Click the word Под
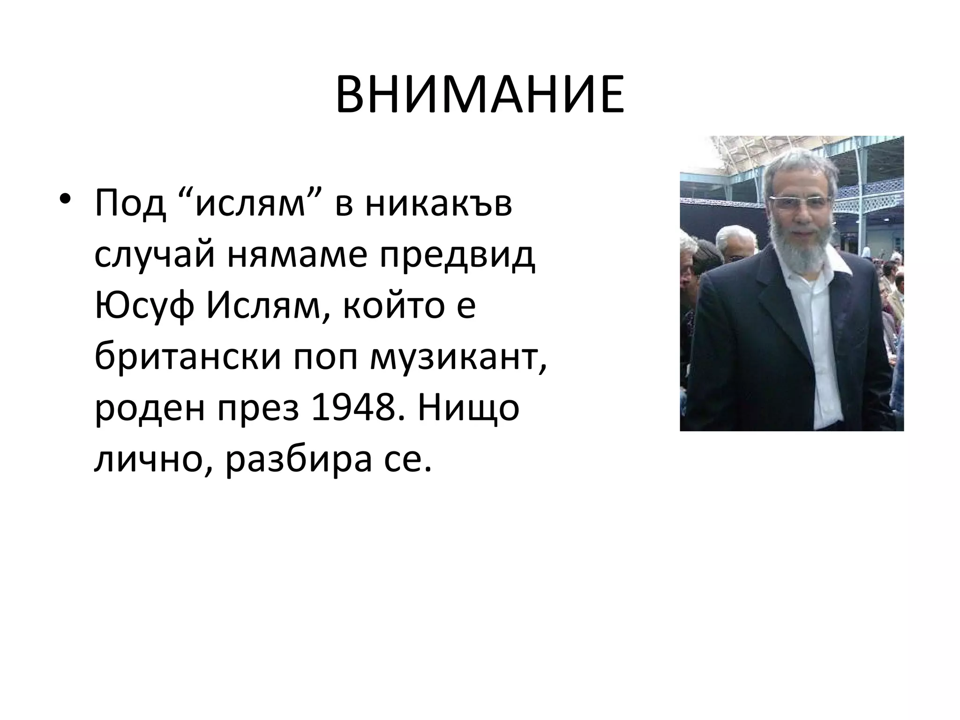point(130,202)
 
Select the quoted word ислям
point(251,202)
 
